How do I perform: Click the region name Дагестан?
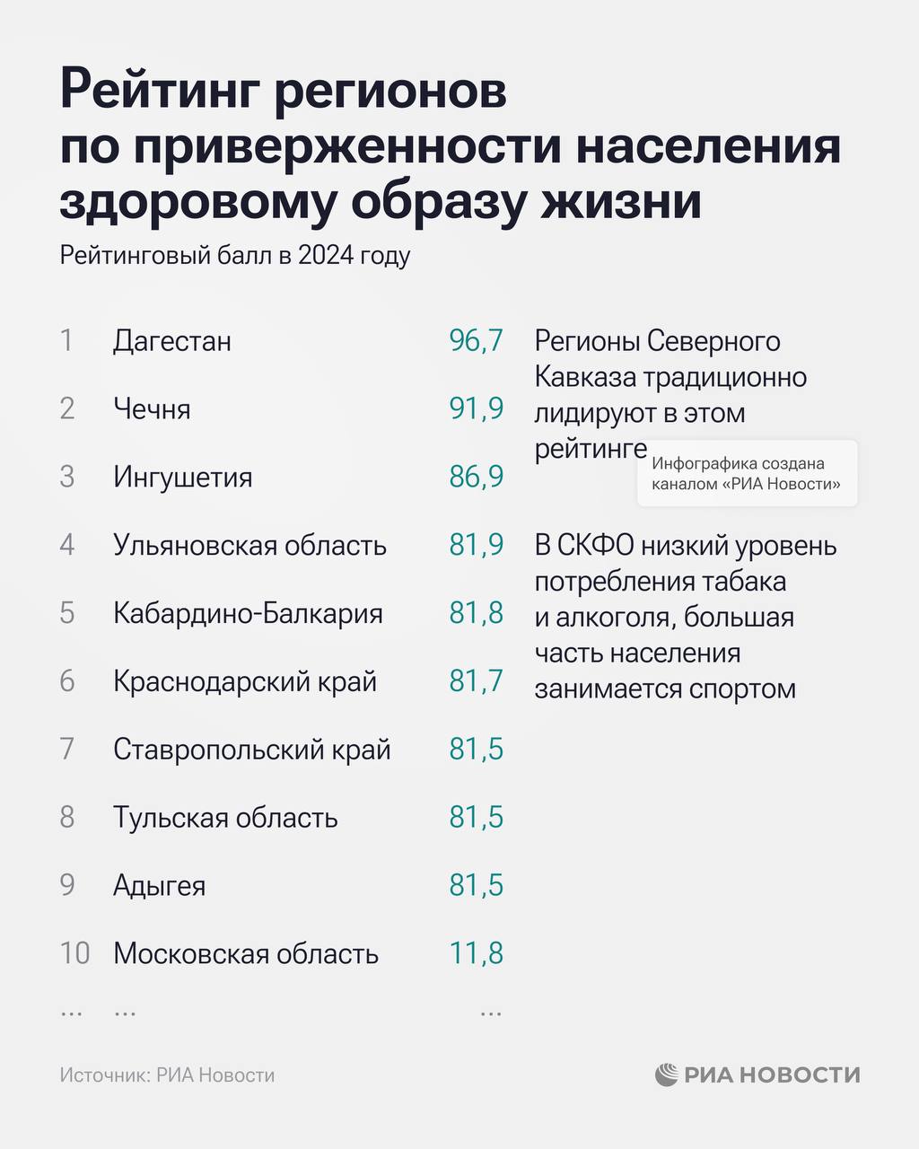(172, 341)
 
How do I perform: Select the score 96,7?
(476, 341)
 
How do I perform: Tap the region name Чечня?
(152, 409)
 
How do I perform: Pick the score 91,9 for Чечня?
(476, 409)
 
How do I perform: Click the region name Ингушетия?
(182, 477)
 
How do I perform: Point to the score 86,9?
(476, 477)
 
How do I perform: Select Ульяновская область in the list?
(249, 545)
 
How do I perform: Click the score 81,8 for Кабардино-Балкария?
(476, 613)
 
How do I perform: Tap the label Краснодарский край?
(244, 681)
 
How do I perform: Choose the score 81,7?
(476, 681)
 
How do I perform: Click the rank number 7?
(67, 750)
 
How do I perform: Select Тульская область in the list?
(225, 818)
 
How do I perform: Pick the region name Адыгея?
(159, 886)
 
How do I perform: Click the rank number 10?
(74, 953)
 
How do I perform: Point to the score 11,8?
(476, 953)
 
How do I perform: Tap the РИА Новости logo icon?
(666, 1074)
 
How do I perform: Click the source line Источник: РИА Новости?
(167, 1075)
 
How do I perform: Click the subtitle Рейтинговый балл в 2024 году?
(235, 256)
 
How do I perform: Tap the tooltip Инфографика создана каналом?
(747, 474)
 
